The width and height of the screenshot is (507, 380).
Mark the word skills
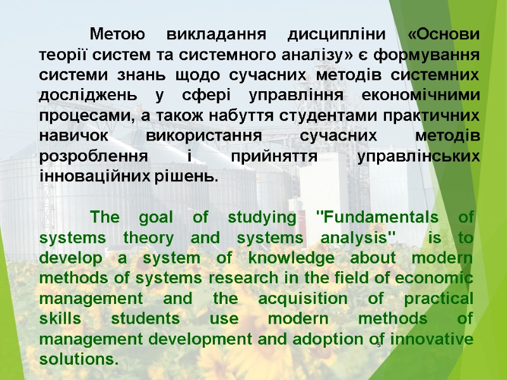point(60,319)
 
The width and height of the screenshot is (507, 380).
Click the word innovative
point(432,339)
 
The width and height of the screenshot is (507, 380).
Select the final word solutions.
point(79,359)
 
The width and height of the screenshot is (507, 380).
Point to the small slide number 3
point(378,344)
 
